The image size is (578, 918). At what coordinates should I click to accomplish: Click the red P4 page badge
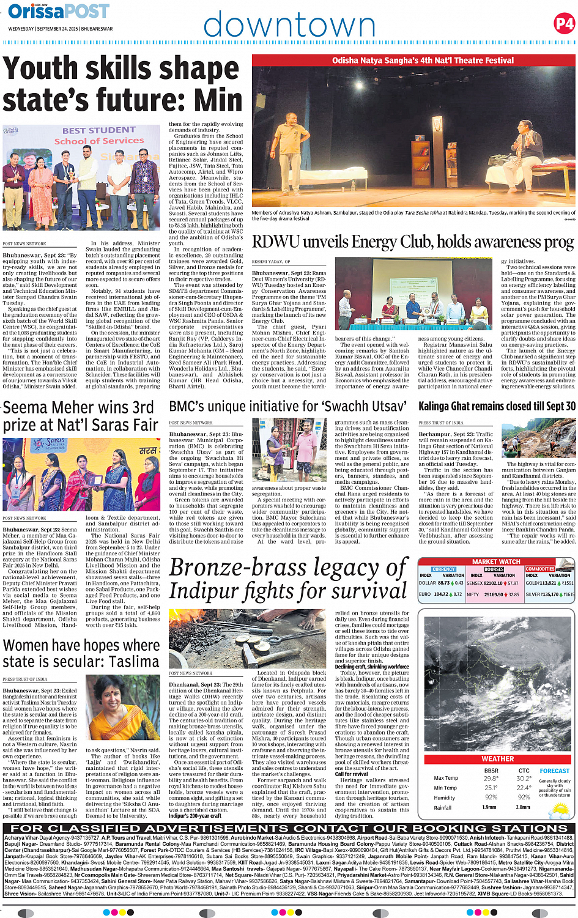[563, 24]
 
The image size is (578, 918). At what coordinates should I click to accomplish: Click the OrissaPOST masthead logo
[59, 12]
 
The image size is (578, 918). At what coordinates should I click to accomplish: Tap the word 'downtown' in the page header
[289, 26]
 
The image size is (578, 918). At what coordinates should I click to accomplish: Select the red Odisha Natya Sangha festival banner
[413, 61]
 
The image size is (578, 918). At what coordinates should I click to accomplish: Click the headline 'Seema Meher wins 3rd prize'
[81, 416]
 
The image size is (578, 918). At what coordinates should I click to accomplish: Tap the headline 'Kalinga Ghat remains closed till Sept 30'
[497, 406]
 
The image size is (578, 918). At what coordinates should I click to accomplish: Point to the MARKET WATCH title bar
[496, 561]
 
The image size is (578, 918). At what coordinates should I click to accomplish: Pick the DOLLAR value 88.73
[443, 583]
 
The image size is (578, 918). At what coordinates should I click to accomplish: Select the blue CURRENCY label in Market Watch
[443, 569]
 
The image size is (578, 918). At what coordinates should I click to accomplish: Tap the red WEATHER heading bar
[497, 758]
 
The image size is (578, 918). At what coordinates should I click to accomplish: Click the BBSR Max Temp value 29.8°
[491, 779]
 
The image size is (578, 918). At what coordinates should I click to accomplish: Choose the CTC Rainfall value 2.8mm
[524, 807]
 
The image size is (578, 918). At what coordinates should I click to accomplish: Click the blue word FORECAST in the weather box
[554, 771]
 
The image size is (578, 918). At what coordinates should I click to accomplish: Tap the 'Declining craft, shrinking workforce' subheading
[372, 667]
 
